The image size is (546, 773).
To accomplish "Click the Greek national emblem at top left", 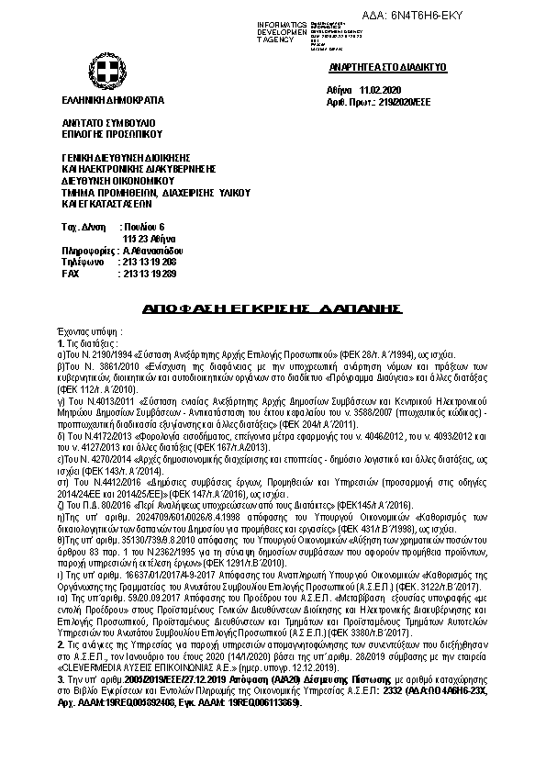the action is click(102, 70).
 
